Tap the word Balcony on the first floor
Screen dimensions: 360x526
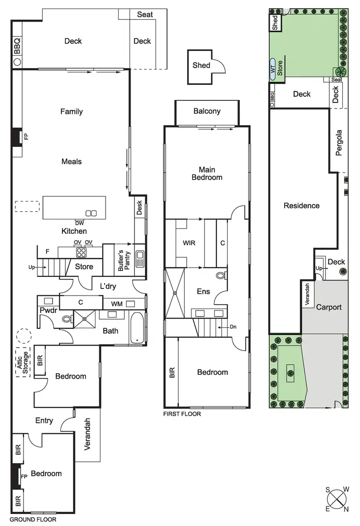(x=207, y=111)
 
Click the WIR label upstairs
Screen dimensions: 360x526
(x=189, y=243)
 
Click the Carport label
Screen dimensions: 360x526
(x=328, y=307)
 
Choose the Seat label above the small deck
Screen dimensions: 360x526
(x=144, y=14)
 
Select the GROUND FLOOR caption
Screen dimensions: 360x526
(x=33, y=519)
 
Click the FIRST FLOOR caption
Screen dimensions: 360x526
(x=182, y=414)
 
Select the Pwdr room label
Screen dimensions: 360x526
(x=48, y=310)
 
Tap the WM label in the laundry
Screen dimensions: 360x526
(x=117, y=303)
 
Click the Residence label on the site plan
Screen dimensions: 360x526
(x=301, y=205)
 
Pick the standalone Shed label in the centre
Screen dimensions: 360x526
(x=201, y=65)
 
